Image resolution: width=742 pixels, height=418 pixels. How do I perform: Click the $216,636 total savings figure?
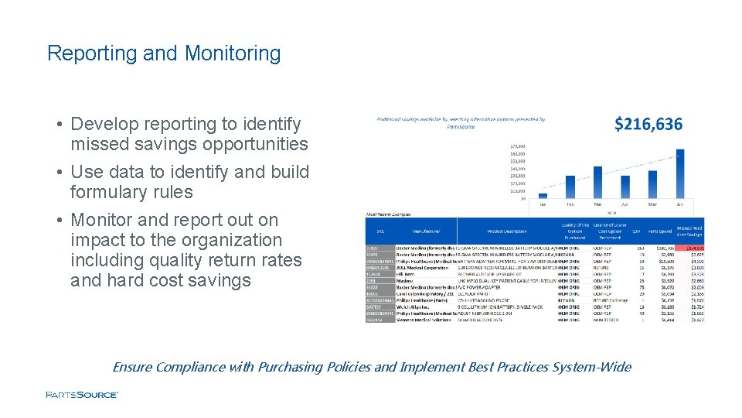tap(648, 125)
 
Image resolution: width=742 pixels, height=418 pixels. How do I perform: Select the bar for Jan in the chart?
tap(543, 196)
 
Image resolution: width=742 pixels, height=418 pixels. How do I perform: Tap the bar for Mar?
tap(597, 182)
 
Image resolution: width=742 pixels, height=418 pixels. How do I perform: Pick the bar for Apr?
tap(625, 187)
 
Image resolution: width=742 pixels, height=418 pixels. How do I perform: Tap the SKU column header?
tap(380, 231)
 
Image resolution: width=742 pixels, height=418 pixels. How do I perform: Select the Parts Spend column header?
tap(661, 231)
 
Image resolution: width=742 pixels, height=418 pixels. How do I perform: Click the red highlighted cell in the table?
tap(690, 248)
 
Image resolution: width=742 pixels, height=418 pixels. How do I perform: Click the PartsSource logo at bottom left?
tap(82, 395)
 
